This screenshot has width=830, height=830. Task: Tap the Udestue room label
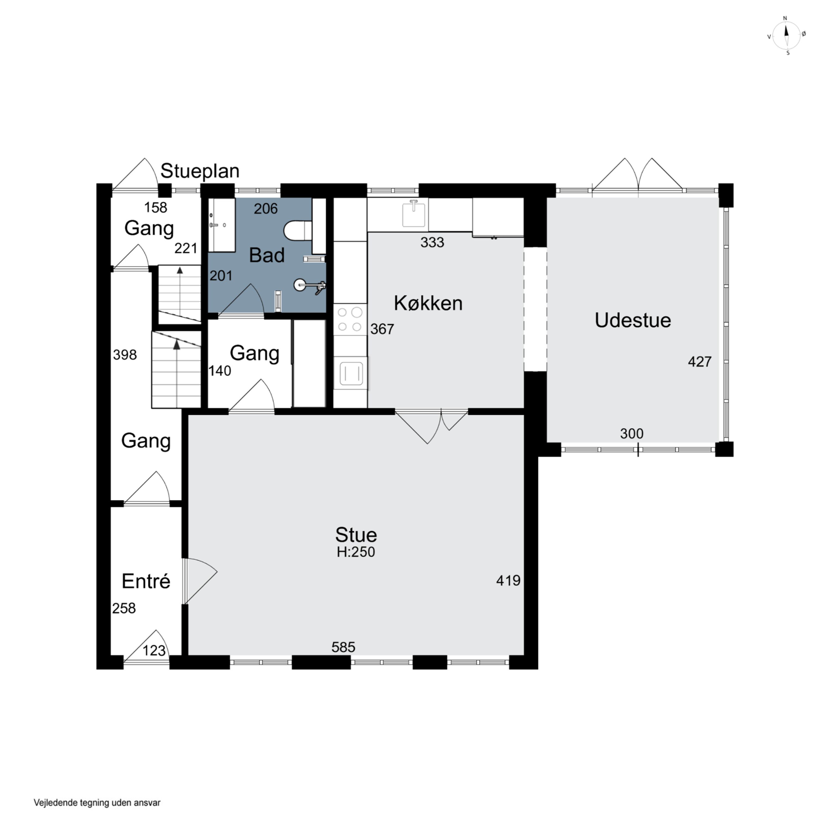(633, 320)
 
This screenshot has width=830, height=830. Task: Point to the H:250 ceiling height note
(356, 552)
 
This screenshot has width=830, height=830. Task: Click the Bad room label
(267, 255)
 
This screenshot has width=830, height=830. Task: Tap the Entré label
(146, 581)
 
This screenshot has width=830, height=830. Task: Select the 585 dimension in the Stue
(343, 647)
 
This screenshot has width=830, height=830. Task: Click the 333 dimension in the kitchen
(432, 242)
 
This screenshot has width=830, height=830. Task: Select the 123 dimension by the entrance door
(154, 650)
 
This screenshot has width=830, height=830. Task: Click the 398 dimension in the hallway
(124, 355)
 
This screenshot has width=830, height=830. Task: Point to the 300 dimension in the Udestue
(632, 434)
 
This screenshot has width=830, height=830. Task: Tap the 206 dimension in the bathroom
(266, 209)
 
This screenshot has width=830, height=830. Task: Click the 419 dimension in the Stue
(508, 581)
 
